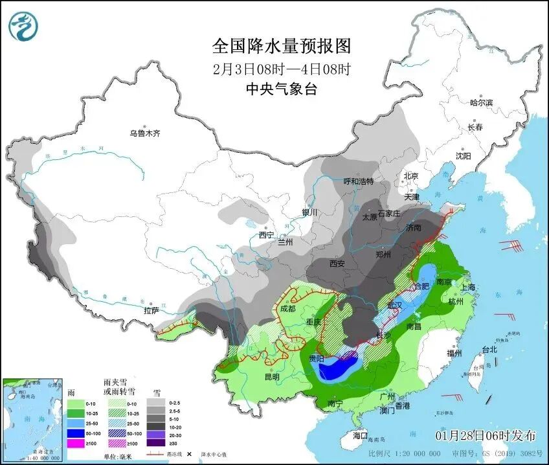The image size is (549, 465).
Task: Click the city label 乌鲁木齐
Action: click(144, 133)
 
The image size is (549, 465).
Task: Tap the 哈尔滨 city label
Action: click(481, 102)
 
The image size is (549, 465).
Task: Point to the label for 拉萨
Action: click(151, 311)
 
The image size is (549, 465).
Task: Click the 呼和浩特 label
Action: click(358, 181)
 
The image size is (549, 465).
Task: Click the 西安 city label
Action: click(337, 264)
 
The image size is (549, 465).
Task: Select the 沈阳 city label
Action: click(463, 156)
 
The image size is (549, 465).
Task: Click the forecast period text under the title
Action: click(282, 69)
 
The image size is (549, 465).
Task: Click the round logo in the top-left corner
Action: click(23, 26)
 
